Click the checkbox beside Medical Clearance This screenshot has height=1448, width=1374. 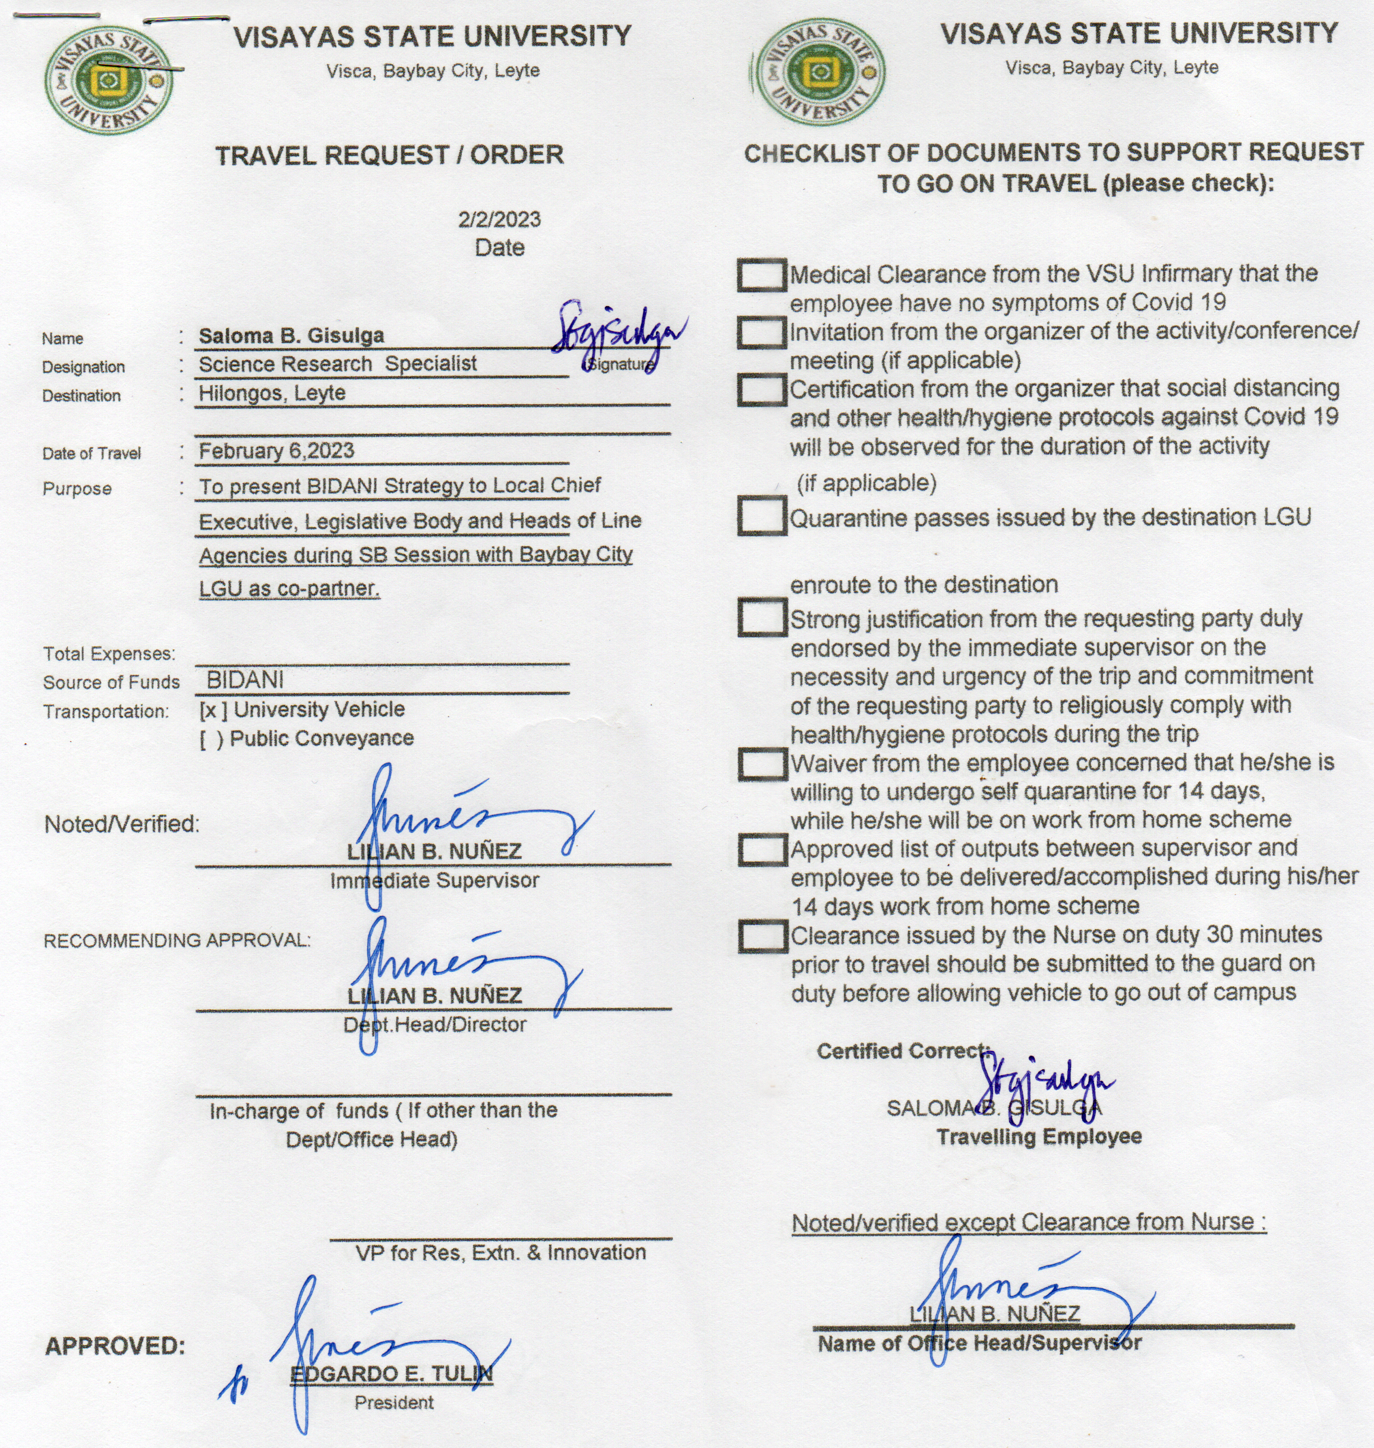(x=762, y=275)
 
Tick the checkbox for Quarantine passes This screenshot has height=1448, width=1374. (x=762, y=517)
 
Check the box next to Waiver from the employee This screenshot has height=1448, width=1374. (x=762, y=764)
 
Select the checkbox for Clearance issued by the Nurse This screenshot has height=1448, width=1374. (x=762, y=937)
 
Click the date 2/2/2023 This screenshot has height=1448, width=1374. (x=500, y=219)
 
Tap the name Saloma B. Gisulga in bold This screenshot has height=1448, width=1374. (x=291, y=335)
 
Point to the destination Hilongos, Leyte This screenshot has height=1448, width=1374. (x=272, y=394)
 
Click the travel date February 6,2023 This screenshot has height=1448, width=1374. (x=276, y=451)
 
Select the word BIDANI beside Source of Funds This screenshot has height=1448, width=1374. (x=245, y=679)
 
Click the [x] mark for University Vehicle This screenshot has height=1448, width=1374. (x=212, y=710)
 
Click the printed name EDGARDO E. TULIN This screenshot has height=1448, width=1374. (x=391, y=1373)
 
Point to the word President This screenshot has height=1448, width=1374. (x=394, y=1403)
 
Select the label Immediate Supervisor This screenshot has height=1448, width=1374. (x=434, y=880)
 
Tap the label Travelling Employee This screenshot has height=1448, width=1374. (x=1039, y=1137)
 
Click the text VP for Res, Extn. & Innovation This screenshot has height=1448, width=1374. (x=500, y=1252)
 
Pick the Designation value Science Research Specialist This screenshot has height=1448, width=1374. (x=338, y=364)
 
